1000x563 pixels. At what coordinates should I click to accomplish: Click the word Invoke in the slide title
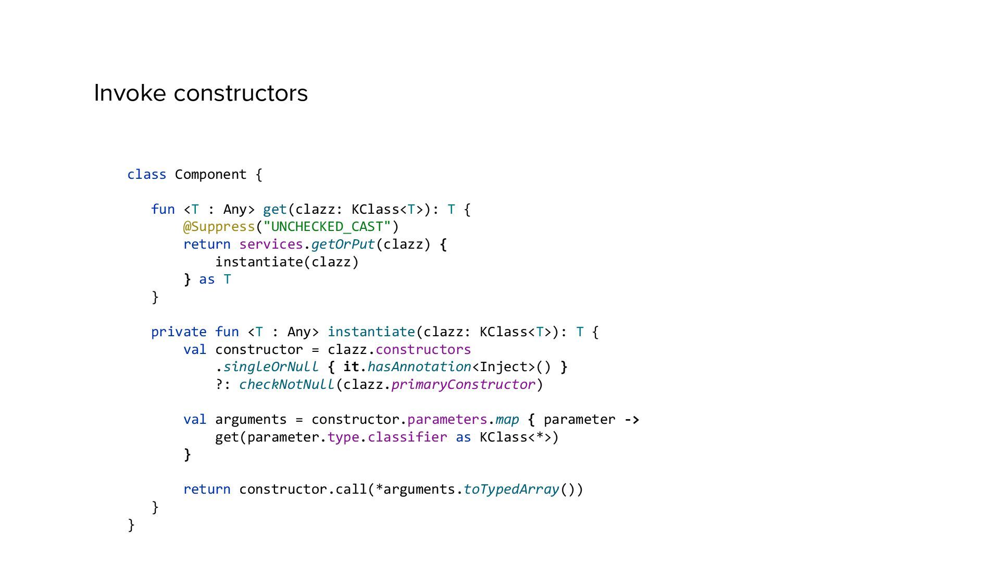click(x=130, y=93)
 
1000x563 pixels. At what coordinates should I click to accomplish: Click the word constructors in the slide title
click(x=241, y=93)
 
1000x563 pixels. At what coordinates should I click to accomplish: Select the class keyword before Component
click(x=147, y=175)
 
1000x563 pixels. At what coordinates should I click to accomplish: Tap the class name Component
click(x=210, y=175)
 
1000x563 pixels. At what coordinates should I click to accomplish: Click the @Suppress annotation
click(x=219, y=227)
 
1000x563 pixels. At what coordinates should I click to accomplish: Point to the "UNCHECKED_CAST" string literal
click(x=327, y=227)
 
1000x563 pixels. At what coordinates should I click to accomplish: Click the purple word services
click(x=271, y=244)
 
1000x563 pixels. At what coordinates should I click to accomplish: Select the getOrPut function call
click(x=343, y=244)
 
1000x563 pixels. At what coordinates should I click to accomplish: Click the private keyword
click(x=179, y=332)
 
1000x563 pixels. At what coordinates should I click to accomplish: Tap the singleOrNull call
click(x=271, y=367)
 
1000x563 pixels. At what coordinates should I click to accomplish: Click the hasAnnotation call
click(x=419, y=367)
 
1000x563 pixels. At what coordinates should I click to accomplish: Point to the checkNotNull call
click(x=286, y=385)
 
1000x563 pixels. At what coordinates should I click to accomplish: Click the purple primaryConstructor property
click(x=463, y=385)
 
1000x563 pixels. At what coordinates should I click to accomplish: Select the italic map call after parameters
click(x=507, y=420)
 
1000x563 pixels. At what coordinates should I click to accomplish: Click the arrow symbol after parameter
click(x=632, y=420)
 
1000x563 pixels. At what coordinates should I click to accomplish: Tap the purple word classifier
click(x=407, y=437)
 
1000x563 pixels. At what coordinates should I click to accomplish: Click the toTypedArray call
click(x=511, y=489)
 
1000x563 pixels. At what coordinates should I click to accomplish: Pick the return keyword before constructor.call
click(x=207, y=489)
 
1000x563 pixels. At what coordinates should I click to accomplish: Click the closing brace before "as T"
click(x=187, y=280)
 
